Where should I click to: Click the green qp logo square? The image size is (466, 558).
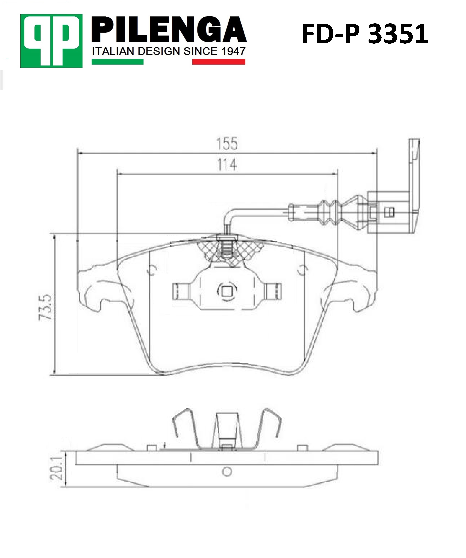[51, 41]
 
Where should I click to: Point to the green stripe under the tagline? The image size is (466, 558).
[118, 62]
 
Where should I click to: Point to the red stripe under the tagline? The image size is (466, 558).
[218, 62]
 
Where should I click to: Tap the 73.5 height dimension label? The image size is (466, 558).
[45, 307]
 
